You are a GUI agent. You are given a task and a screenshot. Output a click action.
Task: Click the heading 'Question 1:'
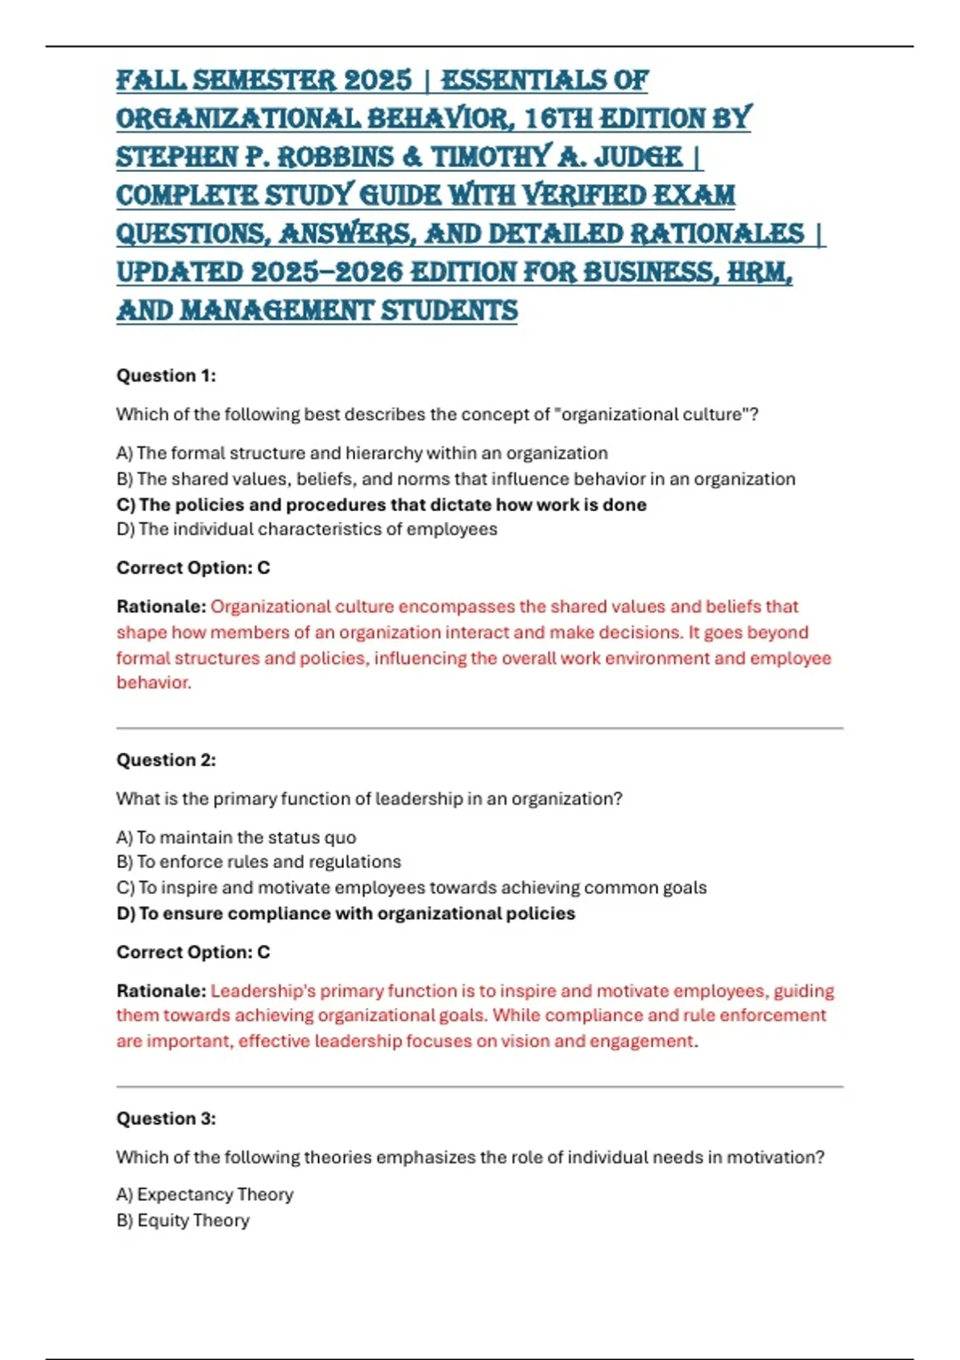[166, 375]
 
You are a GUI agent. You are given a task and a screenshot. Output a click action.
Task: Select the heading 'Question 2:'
[166, 760]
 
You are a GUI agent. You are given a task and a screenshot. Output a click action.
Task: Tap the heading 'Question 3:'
[166, 1118]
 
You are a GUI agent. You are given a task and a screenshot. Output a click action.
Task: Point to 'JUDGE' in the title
[638, 157]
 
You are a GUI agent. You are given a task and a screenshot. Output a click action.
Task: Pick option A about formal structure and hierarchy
[362, 453]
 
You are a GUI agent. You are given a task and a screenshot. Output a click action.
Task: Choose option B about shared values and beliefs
[455, 478]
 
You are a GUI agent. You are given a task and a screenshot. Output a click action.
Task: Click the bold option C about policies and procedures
[381, 505]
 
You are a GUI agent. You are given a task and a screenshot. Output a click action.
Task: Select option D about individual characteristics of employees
[306, 529]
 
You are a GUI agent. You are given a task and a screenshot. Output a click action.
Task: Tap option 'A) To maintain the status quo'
[236, 838]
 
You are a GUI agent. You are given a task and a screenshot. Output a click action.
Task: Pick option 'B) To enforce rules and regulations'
[258, 862]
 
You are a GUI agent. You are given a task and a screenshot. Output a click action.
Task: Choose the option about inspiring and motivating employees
[411, 887]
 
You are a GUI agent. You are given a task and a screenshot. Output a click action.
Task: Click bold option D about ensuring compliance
[346, 914]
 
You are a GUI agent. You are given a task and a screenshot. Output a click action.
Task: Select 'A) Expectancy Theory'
[205, 1194]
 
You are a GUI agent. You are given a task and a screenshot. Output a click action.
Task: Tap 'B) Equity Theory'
[183, 1220]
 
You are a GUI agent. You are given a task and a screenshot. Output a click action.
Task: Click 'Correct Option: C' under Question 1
[193, 568]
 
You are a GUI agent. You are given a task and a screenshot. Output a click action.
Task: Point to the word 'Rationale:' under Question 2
[161, 990]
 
